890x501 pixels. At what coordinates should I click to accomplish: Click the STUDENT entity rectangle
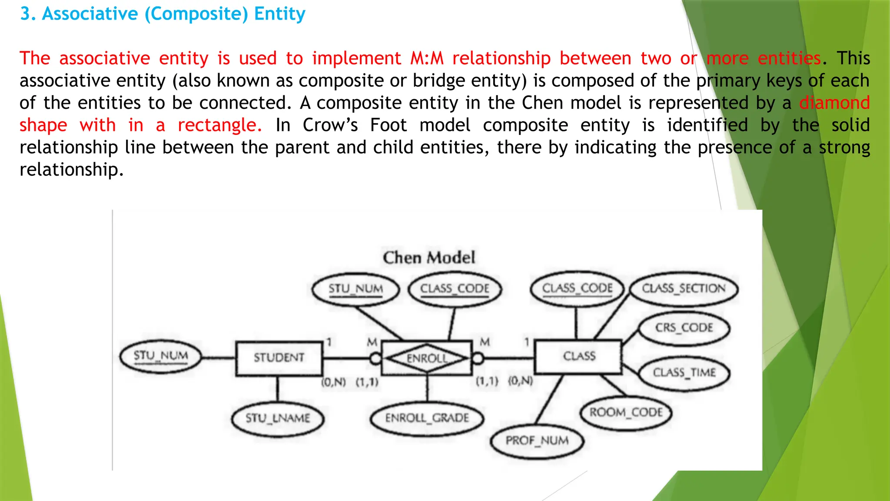279,358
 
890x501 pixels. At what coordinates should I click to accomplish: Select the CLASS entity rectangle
578,357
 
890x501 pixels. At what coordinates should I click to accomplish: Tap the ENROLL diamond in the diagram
427,358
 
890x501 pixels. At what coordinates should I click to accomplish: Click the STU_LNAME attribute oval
278,418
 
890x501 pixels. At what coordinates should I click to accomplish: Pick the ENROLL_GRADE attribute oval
427,418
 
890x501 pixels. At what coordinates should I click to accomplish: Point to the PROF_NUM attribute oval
537,441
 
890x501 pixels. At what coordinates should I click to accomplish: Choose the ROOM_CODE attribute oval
626,412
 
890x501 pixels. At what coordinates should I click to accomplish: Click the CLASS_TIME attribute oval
684,373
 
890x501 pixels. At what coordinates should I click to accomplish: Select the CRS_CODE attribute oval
684,327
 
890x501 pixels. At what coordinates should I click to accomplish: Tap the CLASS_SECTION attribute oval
684,289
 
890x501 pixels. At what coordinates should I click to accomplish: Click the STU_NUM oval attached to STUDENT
161,356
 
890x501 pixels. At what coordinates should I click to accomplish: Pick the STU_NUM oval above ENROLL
355,289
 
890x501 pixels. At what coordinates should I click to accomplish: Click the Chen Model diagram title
428,258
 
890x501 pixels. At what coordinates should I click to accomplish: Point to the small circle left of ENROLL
375,359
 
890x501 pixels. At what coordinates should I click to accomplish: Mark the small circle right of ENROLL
478,359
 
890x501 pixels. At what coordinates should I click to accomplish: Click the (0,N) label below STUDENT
333,382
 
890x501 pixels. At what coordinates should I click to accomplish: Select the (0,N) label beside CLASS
521,381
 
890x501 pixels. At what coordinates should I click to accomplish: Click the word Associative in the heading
90,14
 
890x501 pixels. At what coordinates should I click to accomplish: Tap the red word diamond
834,103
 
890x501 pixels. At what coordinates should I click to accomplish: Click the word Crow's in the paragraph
330,125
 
